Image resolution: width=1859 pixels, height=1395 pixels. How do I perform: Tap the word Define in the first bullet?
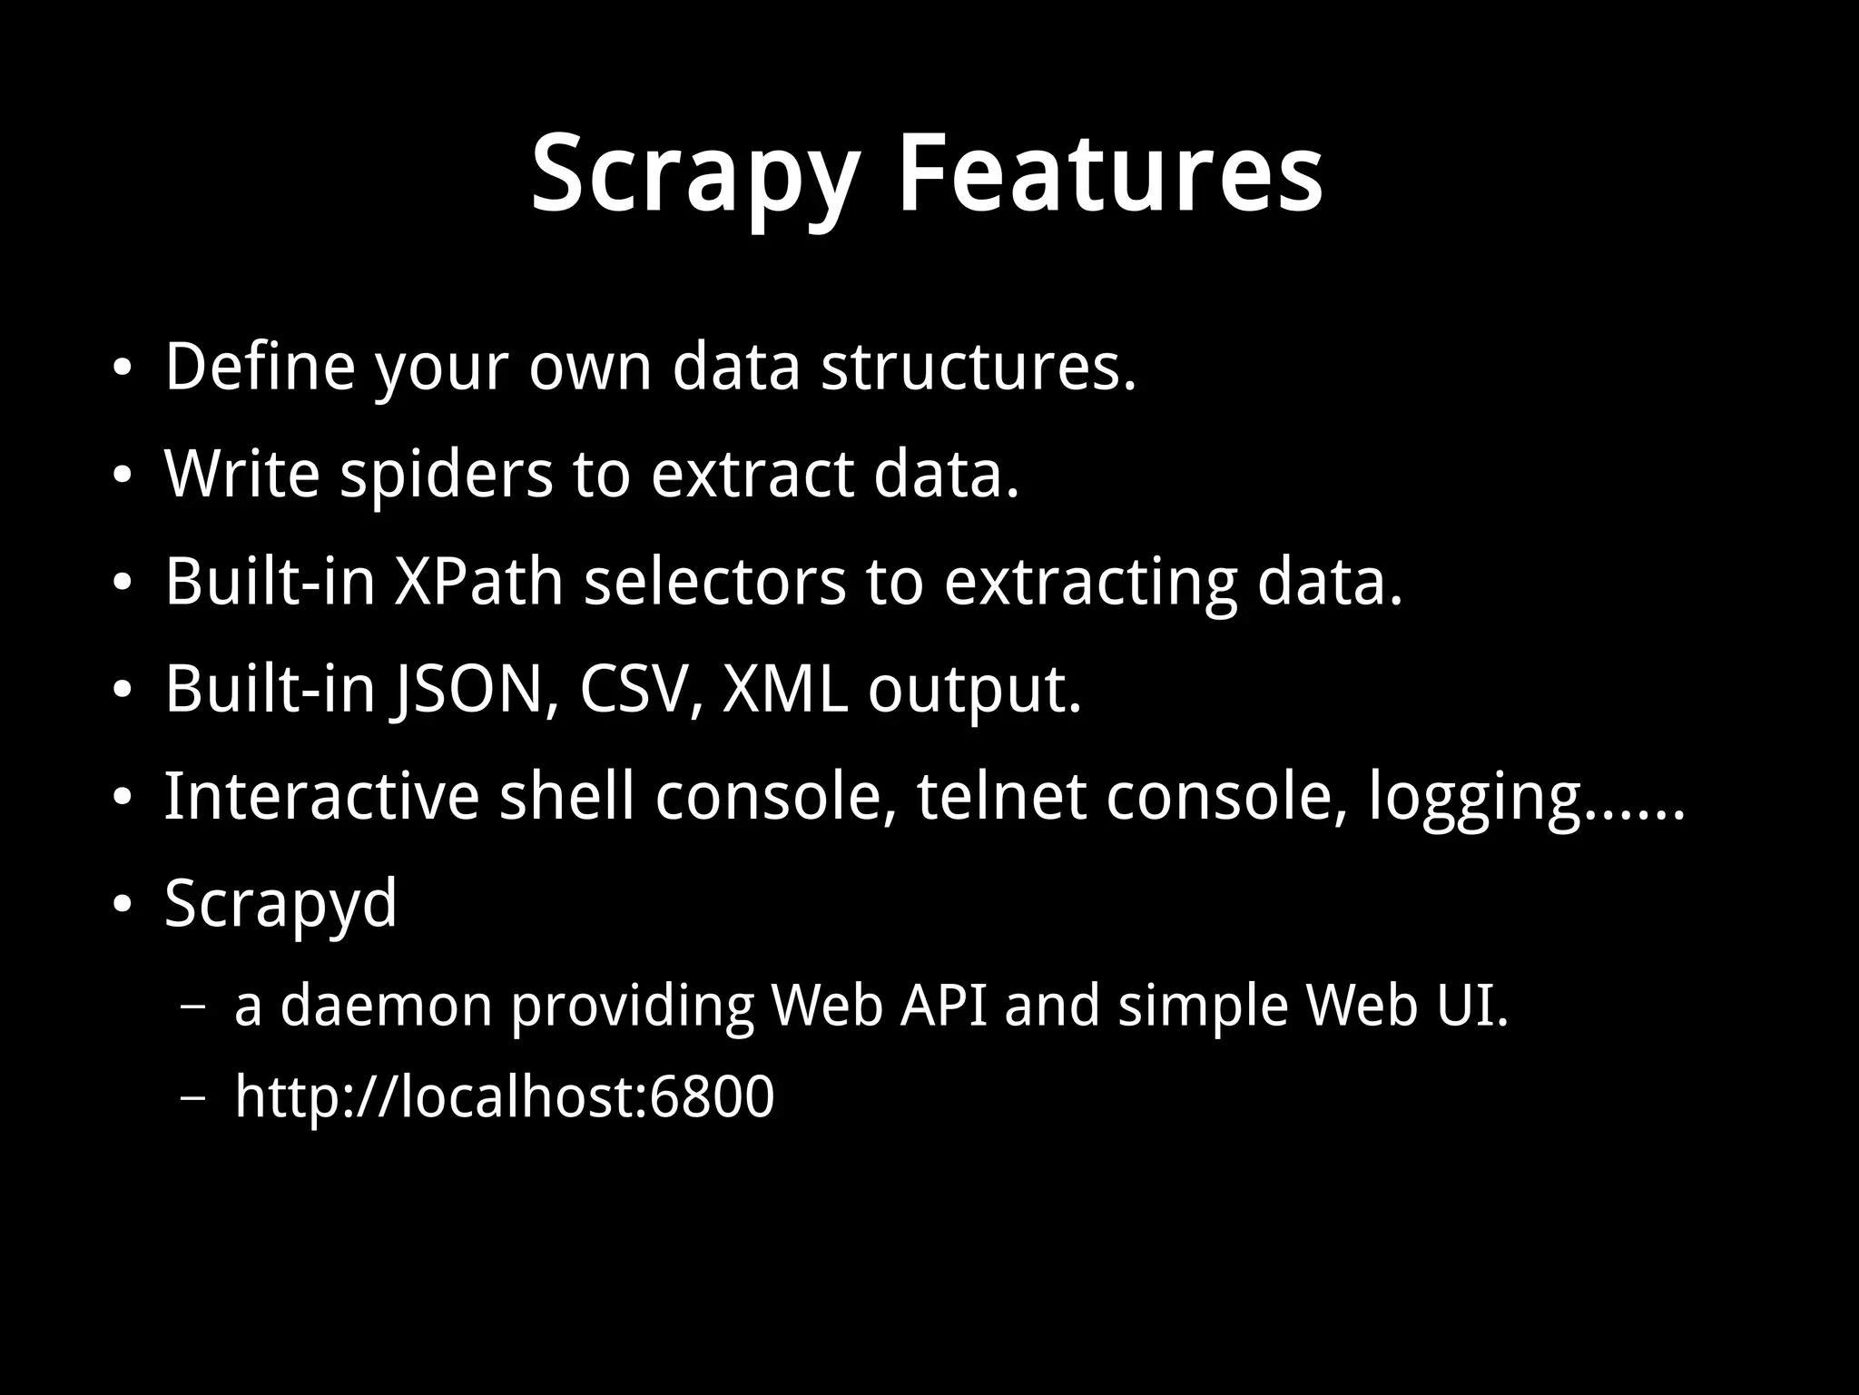(260, 367)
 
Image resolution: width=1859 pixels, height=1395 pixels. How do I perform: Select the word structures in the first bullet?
(978, 367)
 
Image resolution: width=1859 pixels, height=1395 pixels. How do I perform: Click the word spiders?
(446, 474)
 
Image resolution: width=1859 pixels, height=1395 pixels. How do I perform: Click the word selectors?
(714, 581)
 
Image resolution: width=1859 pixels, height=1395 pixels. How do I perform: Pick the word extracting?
(1090, 581)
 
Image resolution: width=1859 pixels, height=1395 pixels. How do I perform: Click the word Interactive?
(321, 796)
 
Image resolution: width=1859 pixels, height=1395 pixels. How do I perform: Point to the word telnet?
(1001, 796)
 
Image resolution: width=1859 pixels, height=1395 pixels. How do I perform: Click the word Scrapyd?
(280, 904)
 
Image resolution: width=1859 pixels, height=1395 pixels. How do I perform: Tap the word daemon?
(386, 1007)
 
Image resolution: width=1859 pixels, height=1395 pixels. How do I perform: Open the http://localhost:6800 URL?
(505, 1096)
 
